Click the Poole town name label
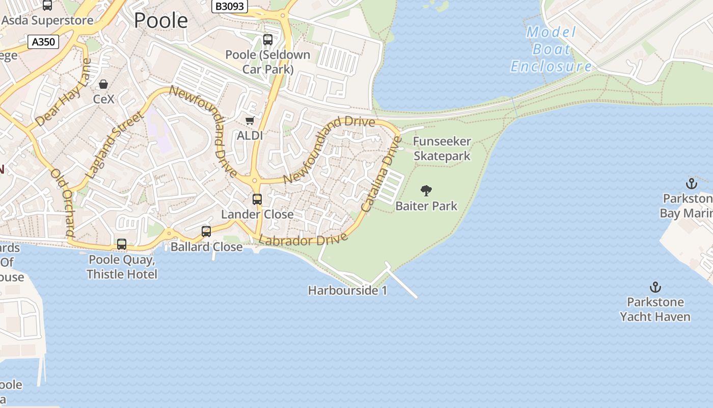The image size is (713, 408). (x=161, y=20)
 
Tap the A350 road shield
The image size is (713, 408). (x=43, y=42)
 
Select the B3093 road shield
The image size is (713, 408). (x=230, y=6)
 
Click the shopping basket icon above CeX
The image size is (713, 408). (x=103, y=84)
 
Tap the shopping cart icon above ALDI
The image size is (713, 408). (x=250, y=121)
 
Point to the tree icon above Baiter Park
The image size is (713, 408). (x=426, y=191)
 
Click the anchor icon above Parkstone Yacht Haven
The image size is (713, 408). (x=655, y=287)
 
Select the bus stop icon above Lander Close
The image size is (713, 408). (x=257, y=199)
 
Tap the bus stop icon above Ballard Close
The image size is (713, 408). (x=206, y=232)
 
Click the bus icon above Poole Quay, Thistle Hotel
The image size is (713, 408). (x=122, y=244)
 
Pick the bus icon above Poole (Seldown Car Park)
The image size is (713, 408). (x=268, y=40)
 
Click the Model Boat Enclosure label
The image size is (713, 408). (x=552, y=49)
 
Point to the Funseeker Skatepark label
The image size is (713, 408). (x=442, y=148)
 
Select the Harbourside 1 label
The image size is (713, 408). (x=348, y=291)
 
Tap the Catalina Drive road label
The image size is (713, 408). (x=381, y=173)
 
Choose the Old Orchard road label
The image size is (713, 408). (x=63, y=203)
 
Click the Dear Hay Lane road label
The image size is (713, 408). (x=64, y=93)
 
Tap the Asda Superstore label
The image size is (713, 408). (x=48, y=20)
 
